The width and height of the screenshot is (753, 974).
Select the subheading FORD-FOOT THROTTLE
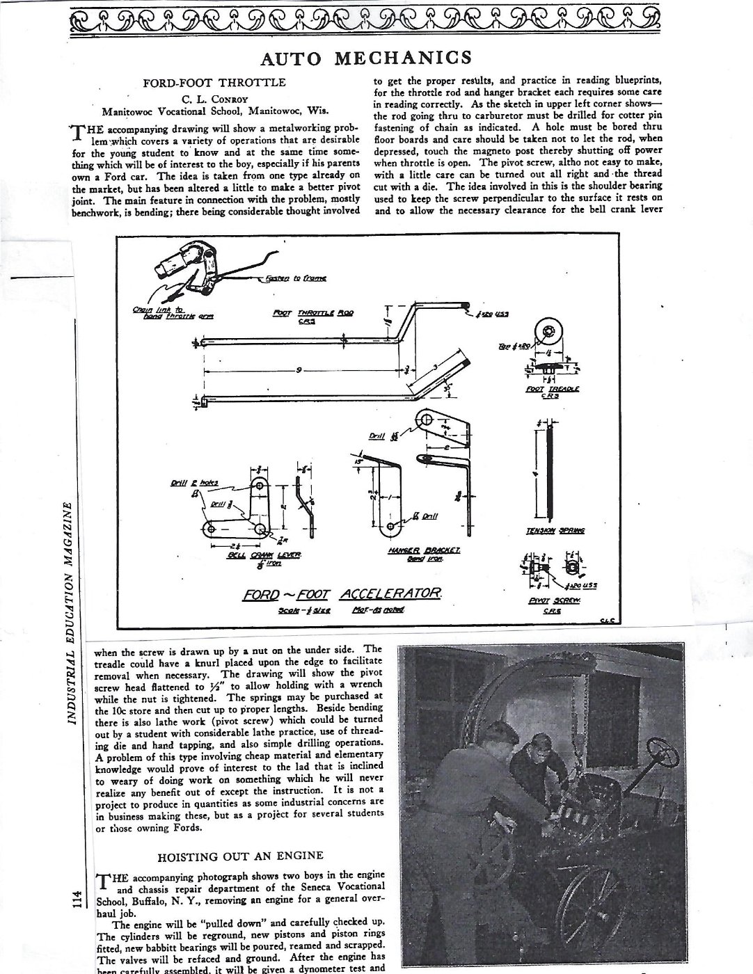click(x=214, y=83)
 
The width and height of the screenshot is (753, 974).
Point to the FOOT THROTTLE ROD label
click(x=312, y=313)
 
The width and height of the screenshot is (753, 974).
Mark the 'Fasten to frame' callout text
click(x=296, y=278)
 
